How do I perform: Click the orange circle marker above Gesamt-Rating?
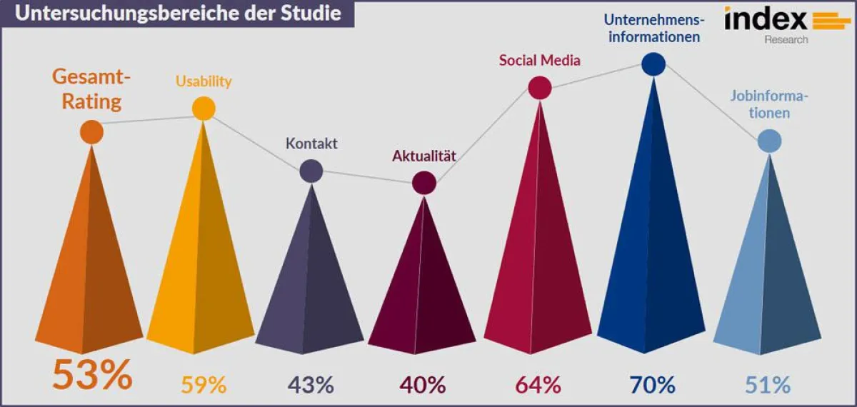point(91,132)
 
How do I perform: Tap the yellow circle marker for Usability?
point(204,109)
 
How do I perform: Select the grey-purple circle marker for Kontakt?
point(311,171)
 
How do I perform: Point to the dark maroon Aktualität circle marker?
point(424,183)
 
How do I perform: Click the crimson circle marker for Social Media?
point(540,88)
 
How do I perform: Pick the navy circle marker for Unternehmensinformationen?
point(653,64)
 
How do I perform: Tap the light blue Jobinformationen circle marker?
point(769,141)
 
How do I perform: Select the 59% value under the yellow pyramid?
point(204,385)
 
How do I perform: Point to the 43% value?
point(311,385)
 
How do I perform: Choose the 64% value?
point(538,385)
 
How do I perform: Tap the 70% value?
point(652,385)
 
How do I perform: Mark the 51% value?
point(768,385)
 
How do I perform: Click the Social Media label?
point(540,61)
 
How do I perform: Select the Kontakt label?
point(311,144)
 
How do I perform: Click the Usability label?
point(204,81)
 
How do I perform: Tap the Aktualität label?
point(424,156)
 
